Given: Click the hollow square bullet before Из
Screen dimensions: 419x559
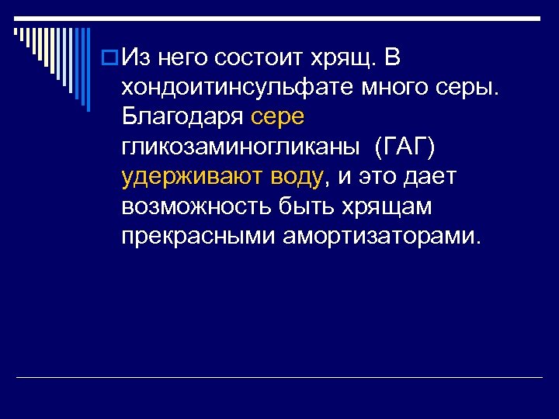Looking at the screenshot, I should click(x=110, y=58).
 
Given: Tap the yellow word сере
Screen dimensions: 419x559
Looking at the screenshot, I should click(x=278, y=116).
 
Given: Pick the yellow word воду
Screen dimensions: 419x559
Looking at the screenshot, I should click(x=296, y=177).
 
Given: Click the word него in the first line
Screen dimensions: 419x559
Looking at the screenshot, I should click(x=183, y=57).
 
